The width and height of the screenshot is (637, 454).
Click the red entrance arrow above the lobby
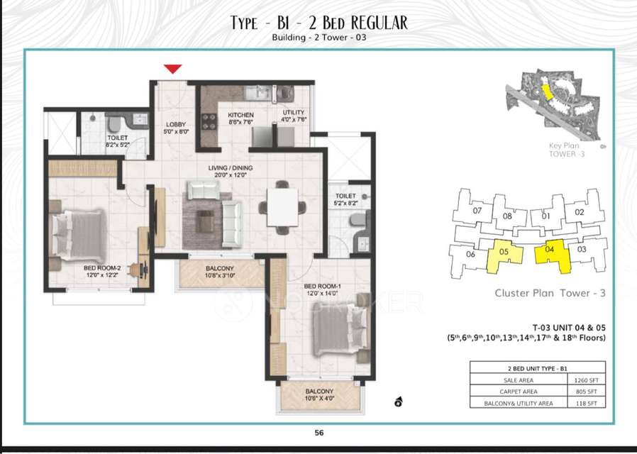click(x=173, y=69)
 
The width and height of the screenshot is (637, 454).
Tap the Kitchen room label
click(x=240, y=118)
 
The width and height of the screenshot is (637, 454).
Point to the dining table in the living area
click(x=282, y=207)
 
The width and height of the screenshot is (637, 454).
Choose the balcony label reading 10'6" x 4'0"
click(x=319, y=400)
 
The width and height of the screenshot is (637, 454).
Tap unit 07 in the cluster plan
click(x=477, y=211)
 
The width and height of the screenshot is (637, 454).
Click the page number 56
click(x=318, y=432)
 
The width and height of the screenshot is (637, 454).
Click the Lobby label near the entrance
click(x=175, y=127)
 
